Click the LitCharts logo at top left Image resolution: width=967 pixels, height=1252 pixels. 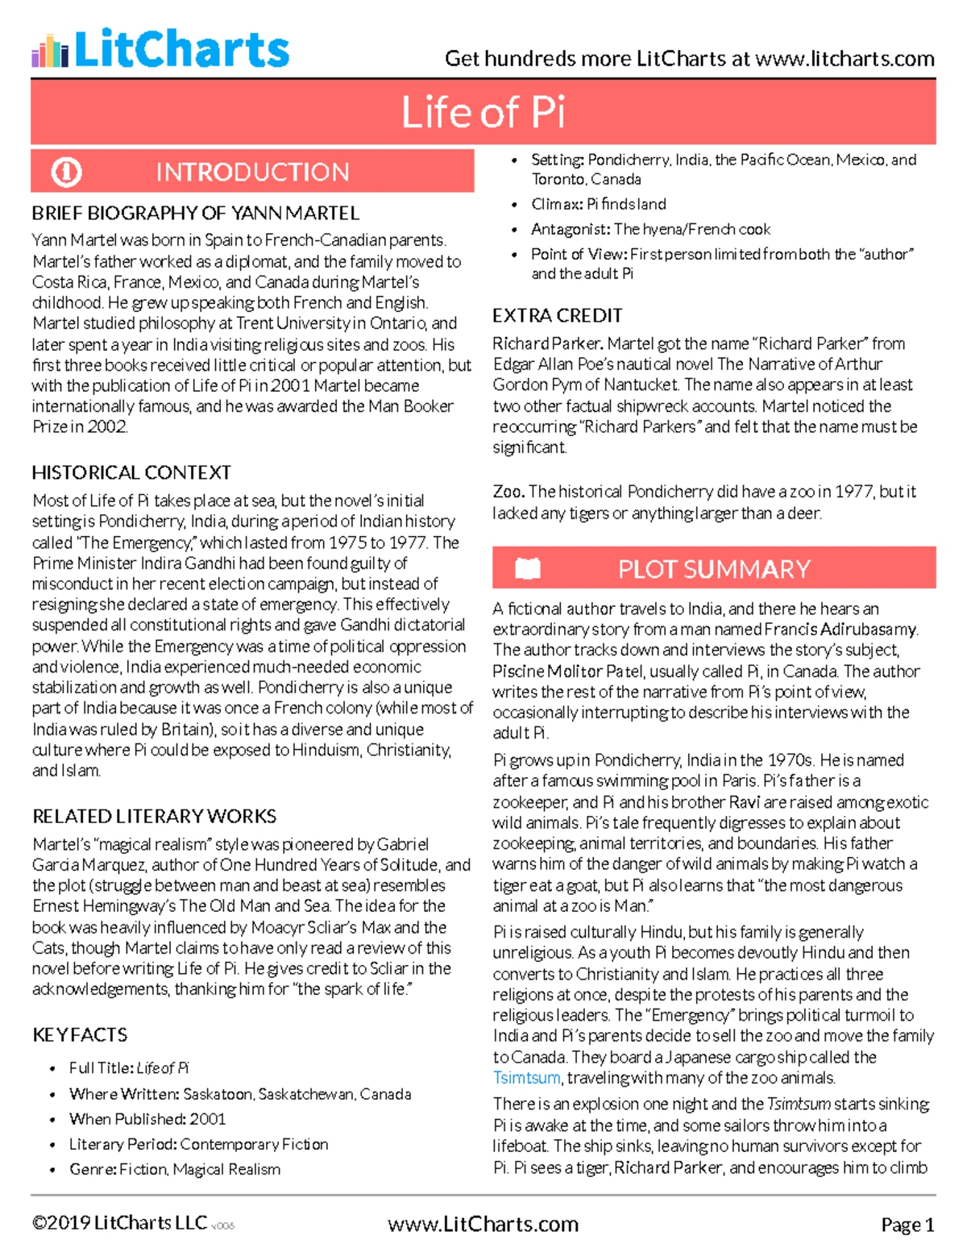click(160, 49)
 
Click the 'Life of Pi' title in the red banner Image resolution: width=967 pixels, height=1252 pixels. click(483, 112)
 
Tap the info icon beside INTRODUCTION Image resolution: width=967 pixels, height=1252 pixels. click(66, 172)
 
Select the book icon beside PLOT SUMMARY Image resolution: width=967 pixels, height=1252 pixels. click(528, 569)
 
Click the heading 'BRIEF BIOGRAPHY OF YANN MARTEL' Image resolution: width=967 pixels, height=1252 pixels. click(195, 214)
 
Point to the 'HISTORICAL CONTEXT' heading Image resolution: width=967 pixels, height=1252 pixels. click(131, 472)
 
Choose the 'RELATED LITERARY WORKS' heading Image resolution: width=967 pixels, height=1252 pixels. click(154, 816)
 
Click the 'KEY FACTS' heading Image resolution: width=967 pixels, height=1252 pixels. click(80, 1034)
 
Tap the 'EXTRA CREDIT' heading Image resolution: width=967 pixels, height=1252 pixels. click(557, 315)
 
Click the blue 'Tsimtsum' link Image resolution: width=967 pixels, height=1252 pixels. click(526, 1078)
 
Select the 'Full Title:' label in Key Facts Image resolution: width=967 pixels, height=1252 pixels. click(101, 1068)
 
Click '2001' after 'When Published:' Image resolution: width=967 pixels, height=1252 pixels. click(207, 1119)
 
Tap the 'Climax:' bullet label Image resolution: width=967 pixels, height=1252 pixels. click(557, 204)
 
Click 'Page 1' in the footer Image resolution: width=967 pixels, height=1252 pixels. click(907, 1225)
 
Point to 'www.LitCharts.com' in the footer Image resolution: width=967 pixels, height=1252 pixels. click(483, 1224)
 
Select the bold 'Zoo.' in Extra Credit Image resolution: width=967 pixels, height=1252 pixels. click(508, 492)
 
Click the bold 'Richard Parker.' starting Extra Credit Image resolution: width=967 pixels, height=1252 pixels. click(548, 343)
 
